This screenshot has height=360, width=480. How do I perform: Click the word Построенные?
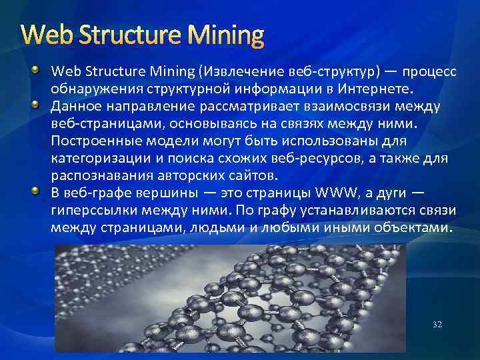93,141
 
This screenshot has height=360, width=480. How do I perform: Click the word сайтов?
237,176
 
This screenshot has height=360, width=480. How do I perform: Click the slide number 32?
437,324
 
